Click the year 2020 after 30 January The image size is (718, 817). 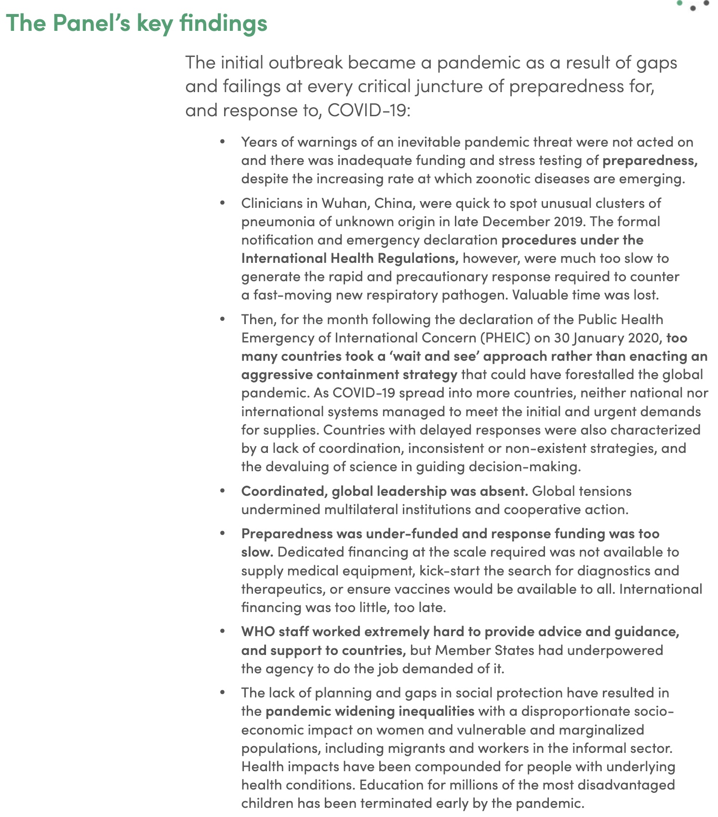pos(643,338)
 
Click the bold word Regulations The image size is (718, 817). pos(417,258)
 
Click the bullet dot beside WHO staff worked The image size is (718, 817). pos(222,631)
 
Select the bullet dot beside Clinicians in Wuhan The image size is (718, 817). pos(222,203)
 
